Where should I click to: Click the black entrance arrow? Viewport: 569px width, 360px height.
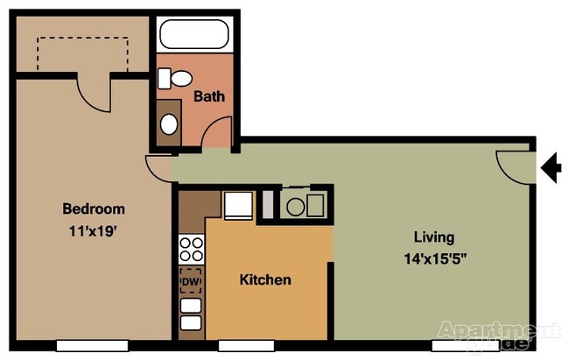(551, 166)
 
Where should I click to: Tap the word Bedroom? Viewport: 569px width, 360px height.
(93, 209)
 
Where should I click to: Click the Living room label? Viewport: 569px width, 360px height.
(434, 236)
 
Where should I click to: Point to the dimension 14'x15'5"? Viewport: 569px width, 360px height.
(434, 259)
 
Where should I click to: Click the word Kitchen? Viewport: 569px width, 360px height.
(265, 280)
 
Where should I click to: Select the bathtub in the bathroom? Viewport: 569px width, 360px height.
(194, 36)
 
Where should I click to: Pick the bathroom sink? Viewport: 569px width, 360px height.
(169, 121)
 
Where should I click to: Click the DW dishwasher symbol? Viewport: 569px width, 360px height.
(190, 282)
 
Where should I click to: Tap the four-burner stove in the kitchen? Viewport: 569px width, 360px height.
(191, 250)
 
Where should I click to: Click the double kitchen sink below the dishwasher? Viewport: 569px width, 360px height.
(191, 315)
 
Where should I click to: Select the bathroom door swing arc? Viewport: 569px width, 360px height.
(214, 136)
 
